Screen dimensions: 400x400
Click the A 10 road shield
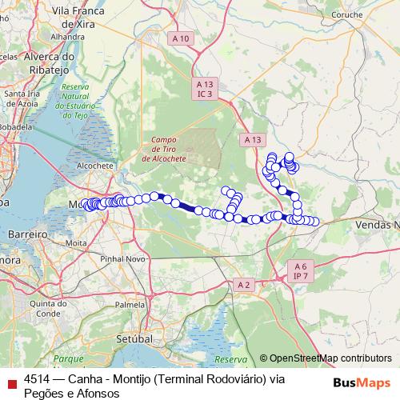coord(181,38)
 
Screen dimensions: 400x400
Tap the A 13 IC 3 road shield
coord(206,89)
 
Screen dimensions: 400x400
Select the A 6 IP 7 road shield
coord(301,270)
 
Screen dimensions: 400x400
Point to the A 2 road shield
coord(244,285)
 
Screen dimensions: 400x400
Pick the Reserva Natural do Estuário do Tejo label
coord(80,101)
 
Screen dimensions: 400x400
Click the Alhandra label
coord(68,37)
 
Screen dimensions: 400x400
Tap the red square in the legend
coord(10,382)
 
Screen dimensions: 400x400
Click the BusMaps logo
coord(362,382)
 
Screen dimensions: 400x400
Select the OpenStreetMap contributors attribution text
coord(330,358)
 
